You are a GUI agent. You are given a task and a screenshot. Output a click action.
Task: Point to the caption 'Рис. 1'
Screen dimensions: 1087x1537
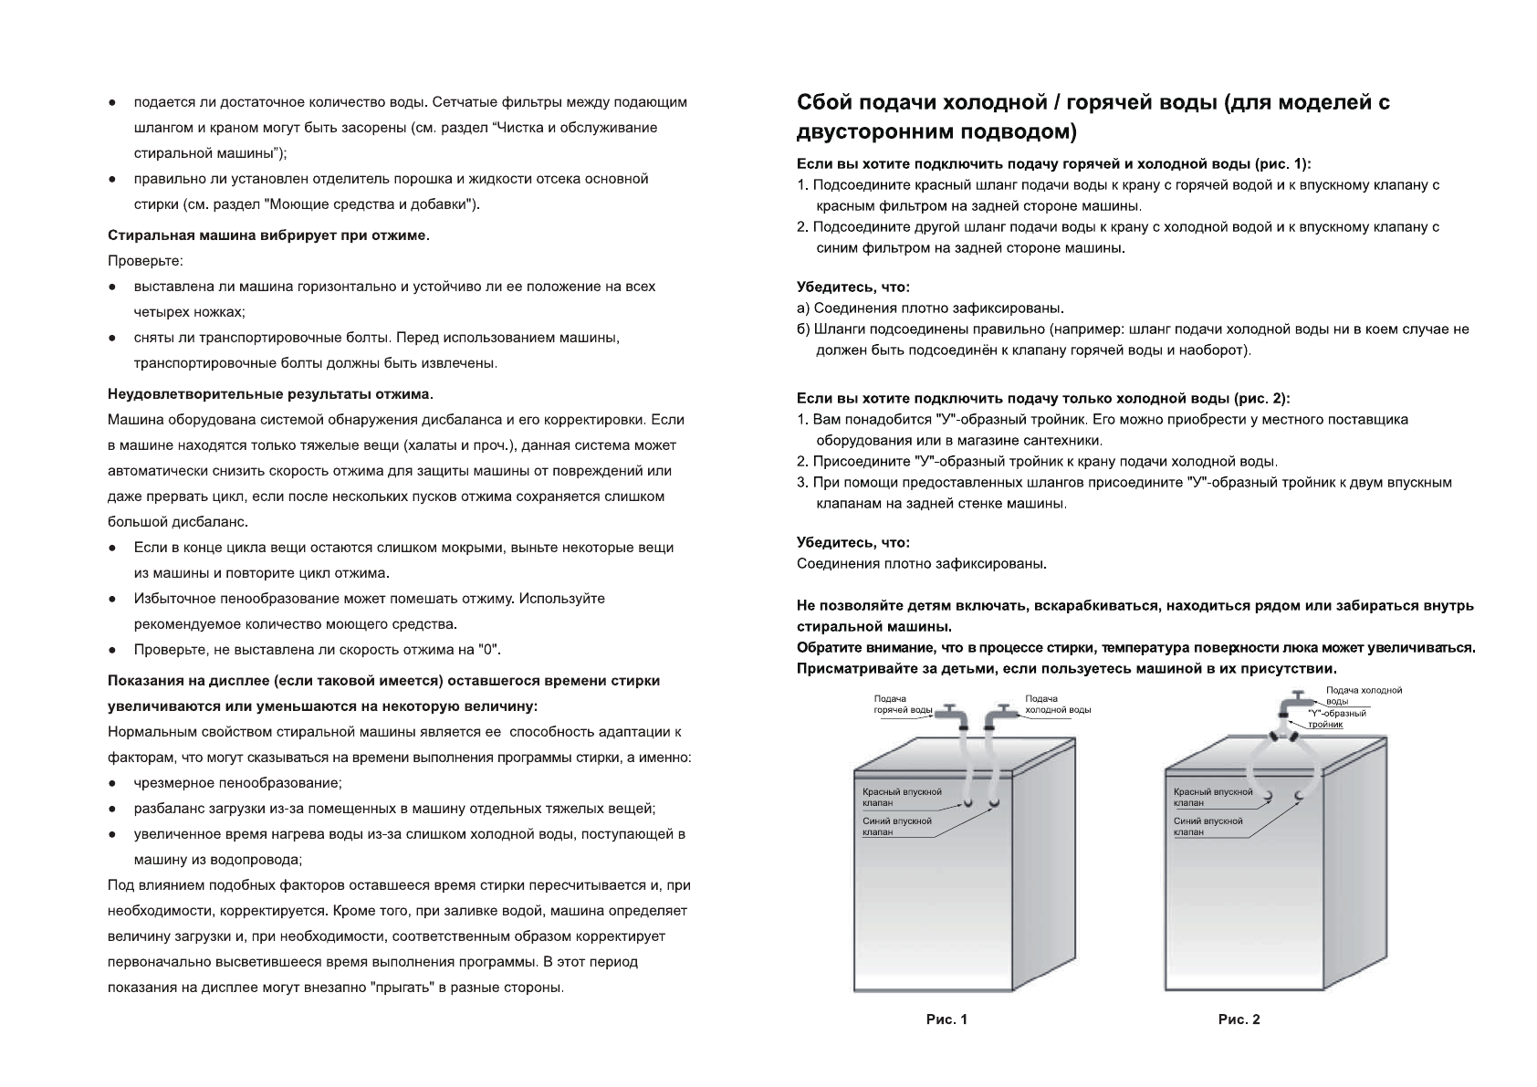pos(946,1019)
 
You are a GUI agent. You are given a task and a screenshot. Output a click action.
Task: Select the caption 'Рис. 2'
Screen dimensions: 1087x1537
pos(1239,1019)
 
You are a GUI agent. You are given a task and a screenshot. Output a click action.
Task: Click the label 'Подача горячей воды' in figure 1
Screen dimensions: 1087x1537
pos(902,704)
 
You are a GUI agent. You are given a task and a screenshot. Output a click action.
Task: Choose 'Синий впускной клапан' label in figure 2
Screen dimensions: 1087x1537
pos(1208,826)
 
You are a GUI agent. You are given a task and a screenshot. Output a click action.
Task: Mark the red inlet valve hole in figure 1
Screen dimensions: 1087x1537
pos(968,804)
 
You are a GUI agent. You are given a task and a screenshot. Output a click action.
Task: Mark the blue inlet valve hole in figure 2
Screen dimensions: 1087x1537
pos(1298,797)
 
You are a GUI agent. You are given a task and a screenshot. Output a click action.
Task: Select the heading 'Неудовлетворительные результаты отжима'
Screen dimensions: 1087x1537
pos(270,394)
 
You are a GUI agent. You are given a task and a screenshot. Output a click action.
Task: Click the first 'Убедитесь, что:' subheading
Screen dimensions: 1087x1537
pos(852,287)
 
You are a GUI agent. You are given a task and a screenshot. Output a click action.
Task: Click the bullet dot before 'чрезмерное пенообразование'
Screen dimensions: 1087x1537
pos(111,783)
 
